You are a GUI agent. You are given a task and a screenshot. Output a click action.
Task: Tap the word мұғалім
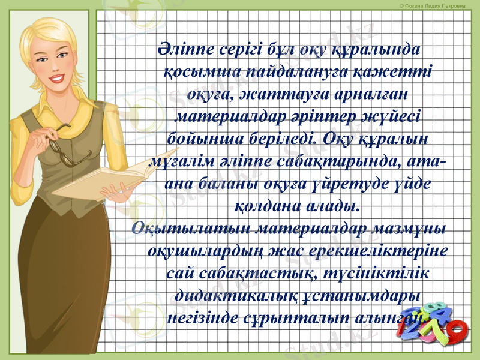[177, 162]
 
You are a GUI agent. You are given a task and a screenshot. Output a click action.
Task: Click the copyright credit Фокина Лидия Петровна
[432, 5]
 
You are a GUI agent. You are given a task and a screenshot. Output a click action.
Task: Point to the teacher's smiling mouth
[58, 78]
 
